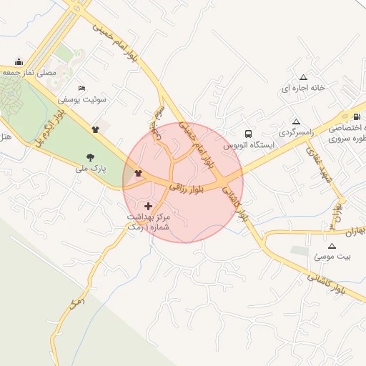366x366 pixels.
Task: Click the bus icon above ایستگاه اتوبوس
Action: click(x=248, y=134)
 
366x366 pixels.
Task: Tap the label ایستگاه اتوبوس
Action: click(x=248, y=145)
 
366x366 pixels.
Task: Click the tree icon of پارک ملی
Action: click(x=90, y=157)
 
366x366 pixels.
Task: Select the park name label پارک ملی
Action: click(x=91, y=169)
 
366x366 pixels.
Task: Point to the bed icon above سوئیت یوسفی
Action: click(x=81, y=88)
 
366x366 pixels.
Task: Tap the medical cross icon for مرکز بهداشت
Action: click(x=149, y=206)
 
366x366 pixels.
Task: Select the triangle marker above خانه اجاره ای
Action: click(x=303, y=76)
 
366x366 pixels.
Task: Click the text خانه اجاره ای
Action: click(x=303, y=88)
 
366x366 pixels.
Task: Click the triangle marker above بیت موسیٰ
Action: click(x=331, y=245)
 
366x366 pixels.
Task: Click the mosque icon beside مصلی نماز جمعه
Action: click(x=19, y=61)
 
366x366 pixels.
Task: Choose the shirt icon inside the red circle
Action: click(x=138, y=174)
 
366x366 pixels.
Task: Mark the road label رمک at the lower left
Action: click(x=76, y=303)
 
